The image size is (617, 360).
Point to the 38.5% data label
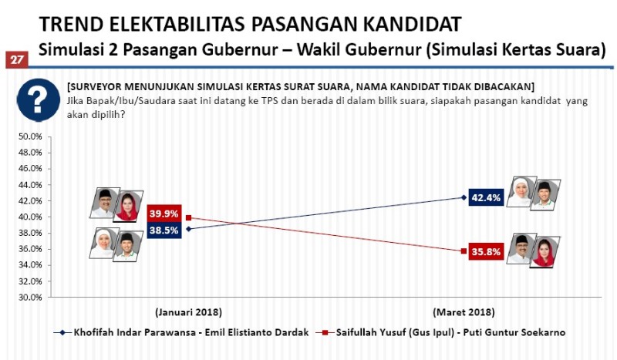click(x=164, y=230)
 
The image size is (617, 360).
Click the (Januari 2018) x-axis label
click(x=188, y=312)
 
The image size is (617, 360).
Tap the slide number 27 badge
click(x=16, y=59)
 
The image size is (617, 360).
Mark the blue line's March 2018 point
click(x=464, y=197)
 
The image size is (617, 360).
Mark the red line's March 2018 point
click(x=464, y=251)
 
